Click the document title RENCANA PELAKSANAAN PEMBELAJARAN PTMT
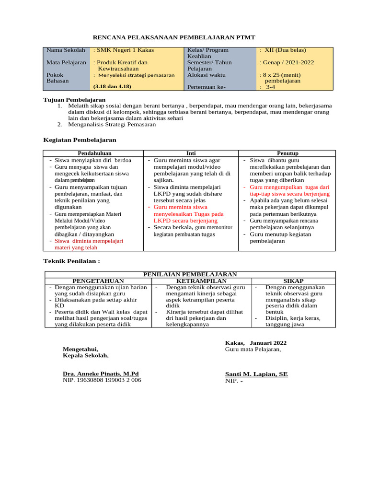(x=173, y=37)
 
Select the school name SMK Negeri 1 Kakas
(x=120, y=50)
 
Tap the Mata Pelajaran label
(x=66, y=62)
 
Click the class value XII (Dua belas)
(x=282, y=50)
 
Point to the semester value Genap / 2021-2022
(x=287, y=62)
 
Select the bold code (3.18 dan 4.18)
(x=112, y=86)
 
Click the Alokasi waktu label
(x=206, y=75)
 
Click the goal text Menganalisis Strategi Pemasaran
(x=112, y=124)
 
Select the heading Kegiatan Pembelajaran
(x=80, y=140)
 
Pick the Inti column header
(x=191, y=153)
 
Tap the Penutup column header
(x=287, y=153)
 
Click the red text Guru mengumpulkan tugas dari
(x=289, y=187)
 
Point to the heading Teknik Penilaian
(x=72, y=261)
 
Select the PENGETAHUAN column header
(x=98, y=281)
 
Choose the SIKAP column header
(x=293, y=281)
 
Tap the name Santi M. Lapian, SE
(x=256, y=374)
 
